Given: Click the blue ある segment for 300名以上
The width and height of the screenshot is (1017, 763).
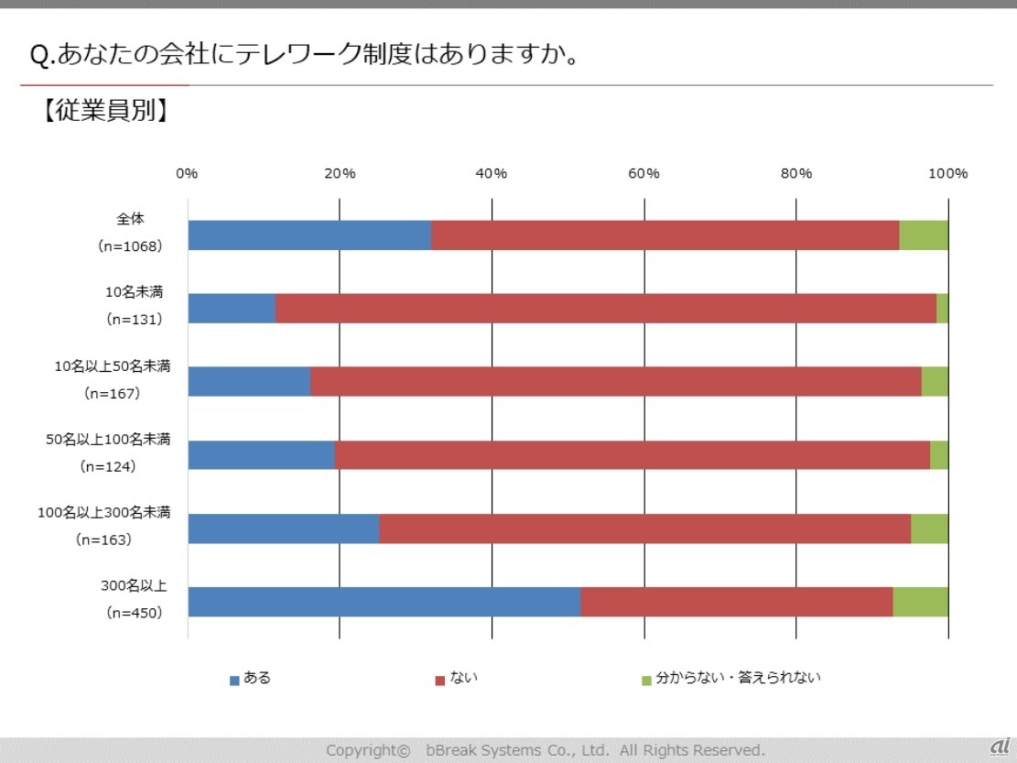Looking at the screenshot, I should [384, 602].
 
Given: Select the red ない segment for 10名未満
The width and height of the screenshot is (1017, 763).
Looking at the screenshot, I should [605, 309].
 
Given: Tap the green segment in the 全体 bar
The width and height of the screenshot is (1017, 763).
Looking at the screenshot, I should [924, 235].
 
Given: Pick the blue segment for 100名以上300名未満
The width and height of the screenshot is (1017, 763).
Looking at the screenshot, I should [284, 529].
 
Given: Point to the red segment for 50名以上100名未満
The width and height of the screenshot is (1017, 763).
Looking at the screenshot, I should [633, 455].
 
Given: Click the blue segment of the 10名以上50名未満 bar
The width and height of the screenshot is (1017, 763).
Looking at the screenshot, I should [249, 382].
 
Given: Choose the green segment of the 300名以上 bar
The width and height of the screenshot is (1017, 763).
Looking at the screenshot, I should [920, 602].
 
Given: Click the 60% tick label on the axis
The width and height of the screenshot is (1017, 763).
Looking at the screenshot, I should [644, 174].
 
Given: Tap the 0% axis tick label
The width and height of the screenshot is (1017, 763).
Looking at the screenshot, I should [187, 174].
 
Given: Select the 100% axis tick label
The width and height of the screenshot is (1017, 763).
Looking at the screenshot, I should [948, 174].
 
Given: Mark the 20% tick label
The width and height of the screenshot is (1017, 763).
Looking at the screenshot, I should [340, 174].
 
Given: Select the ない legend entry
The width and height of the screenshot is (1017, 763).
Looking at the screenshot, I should [457, 679].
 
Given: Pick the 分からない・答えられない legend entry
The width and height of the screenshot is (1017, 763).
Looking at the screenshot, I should [731, 679].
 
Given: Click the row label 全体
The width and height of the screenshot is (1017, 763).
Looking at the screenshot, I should [131, 219].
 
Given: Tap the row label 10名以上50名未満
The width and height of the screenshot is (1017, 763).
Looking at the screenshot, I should [113, 366].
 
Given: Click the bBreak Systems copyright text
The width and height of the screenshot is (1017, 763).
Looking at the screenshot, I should [545, 750].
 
